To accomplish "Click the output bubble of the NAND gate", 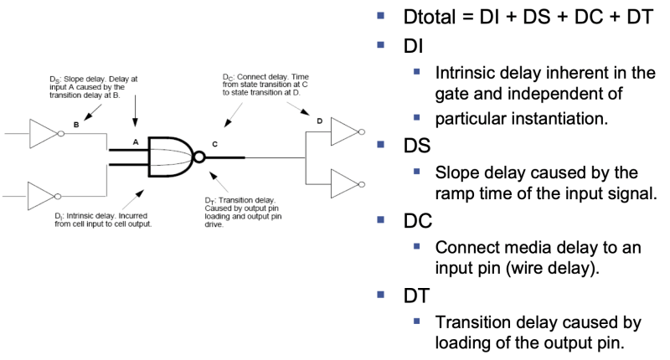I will click(198, 156).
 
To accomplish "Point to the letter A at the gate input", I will click(135, 142).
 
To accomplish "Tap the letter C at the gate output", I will click(214, 145).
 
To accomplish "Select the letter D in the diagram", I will click(317, 122).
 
